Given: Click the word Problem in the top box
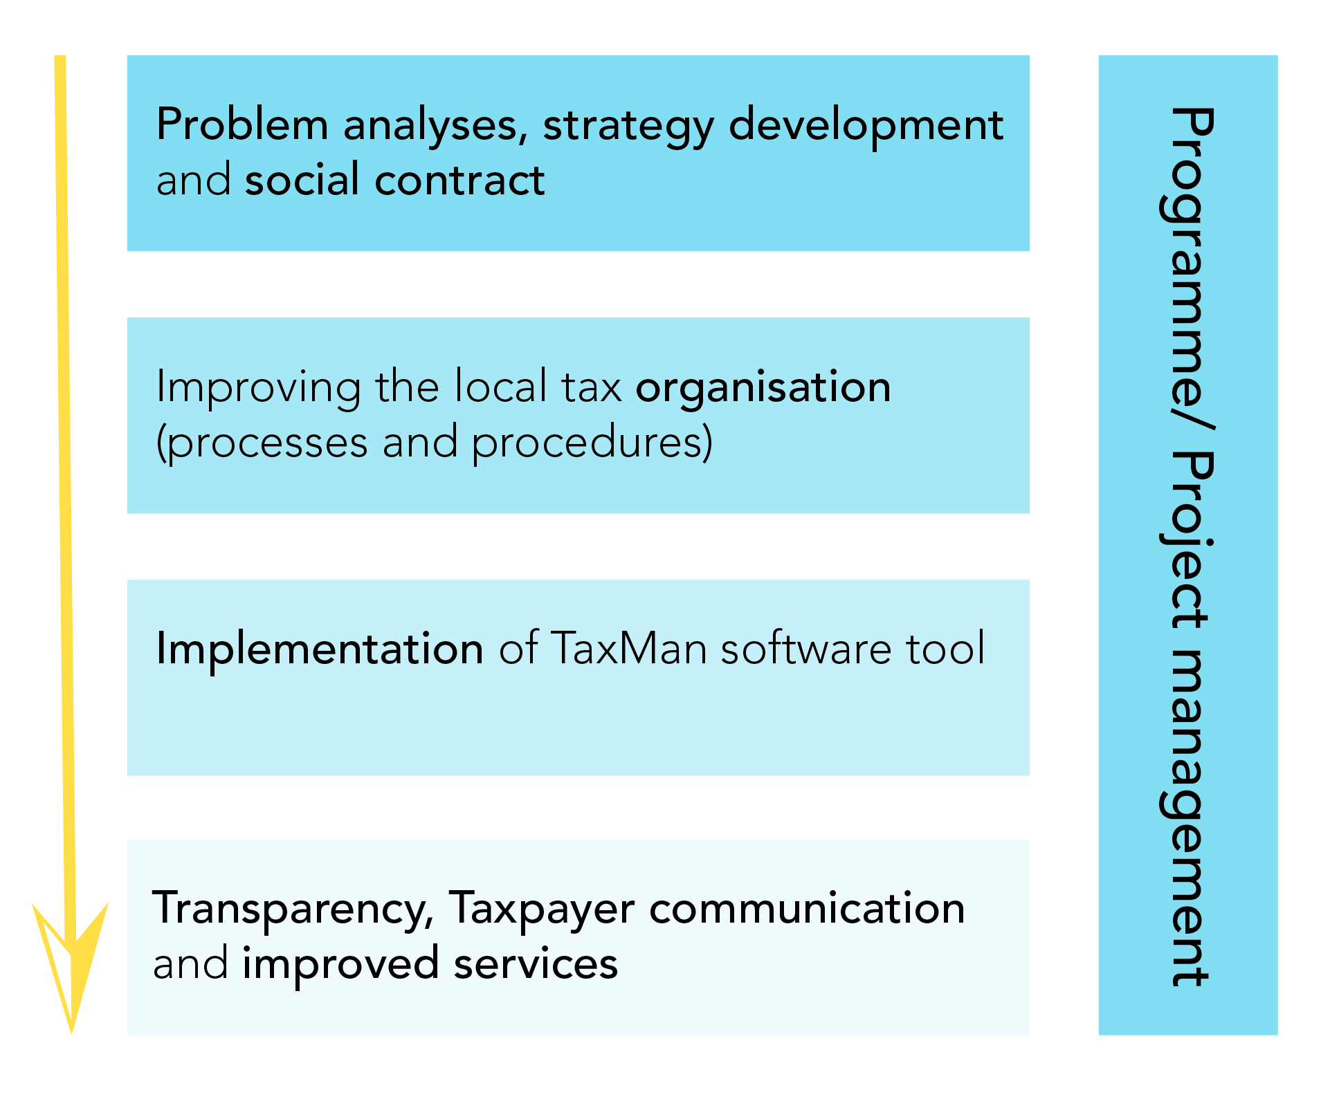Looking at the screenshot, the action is tap(242, 124).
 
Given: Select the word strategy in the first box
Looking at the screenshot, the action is tap(628, 128).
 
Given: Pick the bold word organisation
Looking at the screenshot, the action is tap(763, 389).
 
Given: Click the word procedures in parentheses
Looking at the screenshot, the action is tap(592, 443).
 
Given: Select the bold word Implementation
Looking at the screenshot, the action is tap(320, 650).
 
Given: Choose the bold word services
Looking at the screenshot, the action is tap(536, 964).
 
